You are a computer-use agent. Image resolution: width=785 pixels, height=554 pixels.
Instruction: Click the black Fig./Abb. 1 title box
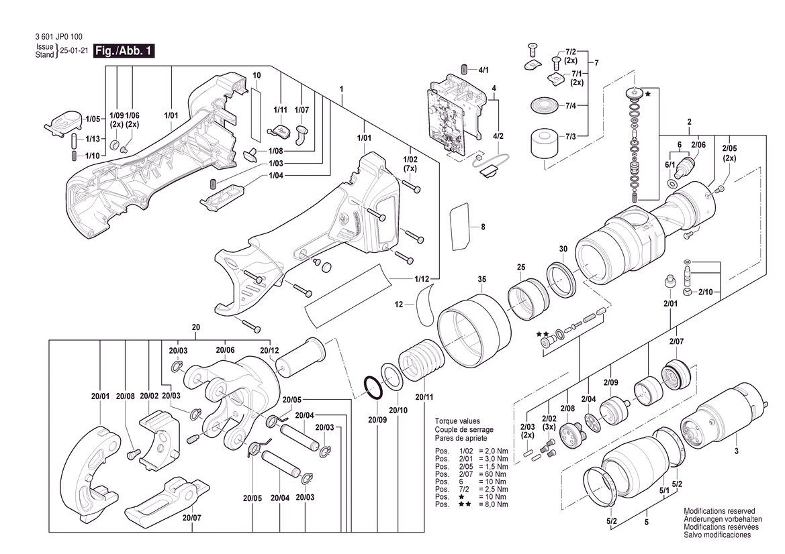124,51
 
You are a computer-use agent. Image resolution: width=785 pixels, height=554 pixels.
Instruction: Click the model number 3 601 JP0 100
59,36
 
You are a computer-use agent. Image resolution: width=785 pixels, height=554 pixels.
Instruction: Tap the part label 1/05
93,119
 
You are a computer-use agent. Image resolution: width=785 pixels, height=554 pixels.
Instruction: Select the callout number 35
481,279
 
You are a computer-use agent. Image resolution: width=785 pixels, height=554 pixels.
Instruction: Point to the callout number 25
521,267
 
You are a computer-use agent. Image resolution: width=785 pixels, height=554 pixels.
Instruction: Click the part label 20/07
192,518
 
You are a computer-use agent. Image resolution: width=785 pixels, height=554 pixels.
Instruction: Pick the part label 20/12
269,350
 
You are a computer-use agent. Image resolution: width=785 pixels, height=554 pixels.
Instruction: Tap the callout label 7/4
571,105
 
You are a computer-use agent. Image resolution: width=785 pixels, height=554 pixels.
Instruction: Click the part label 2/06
698,145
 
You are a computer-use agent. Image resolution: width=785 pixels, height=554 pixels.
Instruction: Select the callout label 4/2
498,136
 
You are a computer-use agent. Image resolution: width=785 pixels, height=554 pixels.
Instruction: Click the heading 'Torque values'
457,421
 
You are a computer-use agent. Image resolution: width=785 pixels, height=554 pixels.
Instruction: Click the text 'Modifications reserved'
719,511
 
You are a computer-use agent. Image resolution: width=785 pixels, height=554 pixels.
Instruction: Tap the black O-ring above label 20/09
372,386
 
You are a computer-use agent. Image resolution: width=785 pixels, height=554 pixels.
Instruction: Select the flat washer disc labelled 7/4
544,105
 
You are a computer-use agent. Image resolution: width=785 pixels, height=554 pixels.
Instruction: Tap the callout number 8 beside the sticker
483,227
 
